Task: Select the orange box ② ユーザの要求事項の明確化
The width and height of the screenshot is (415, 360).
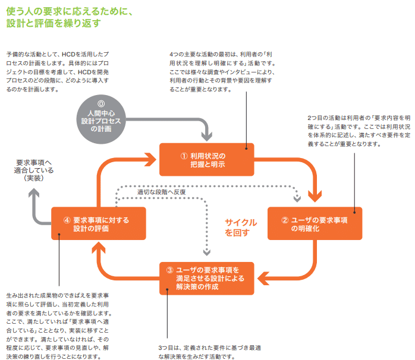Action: click(x=313, y=223)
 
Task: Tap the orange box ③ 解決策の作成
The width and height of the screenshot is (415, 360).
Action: click(x=206, y=279)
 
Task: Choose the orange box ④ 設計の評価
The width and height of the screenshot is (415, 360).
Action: click(x=98, y=223)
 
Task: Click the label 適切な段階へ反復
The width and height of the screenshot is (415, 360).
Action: click(x=161, y=192)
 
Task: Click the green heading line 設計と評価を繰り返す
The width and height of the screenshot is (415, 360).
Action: click(x=54, y=23)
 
